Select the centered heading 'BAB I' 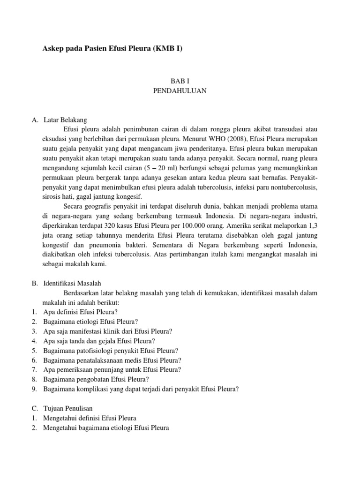(x=180, y=81)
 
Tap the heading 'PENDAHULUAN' (x=180, y=91)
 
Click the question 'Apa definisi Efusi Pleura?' (x=80, y=312)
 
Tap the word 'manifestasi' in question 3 (x=90, y=331)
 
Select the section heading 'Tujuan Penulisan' (x=71, y=408)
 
